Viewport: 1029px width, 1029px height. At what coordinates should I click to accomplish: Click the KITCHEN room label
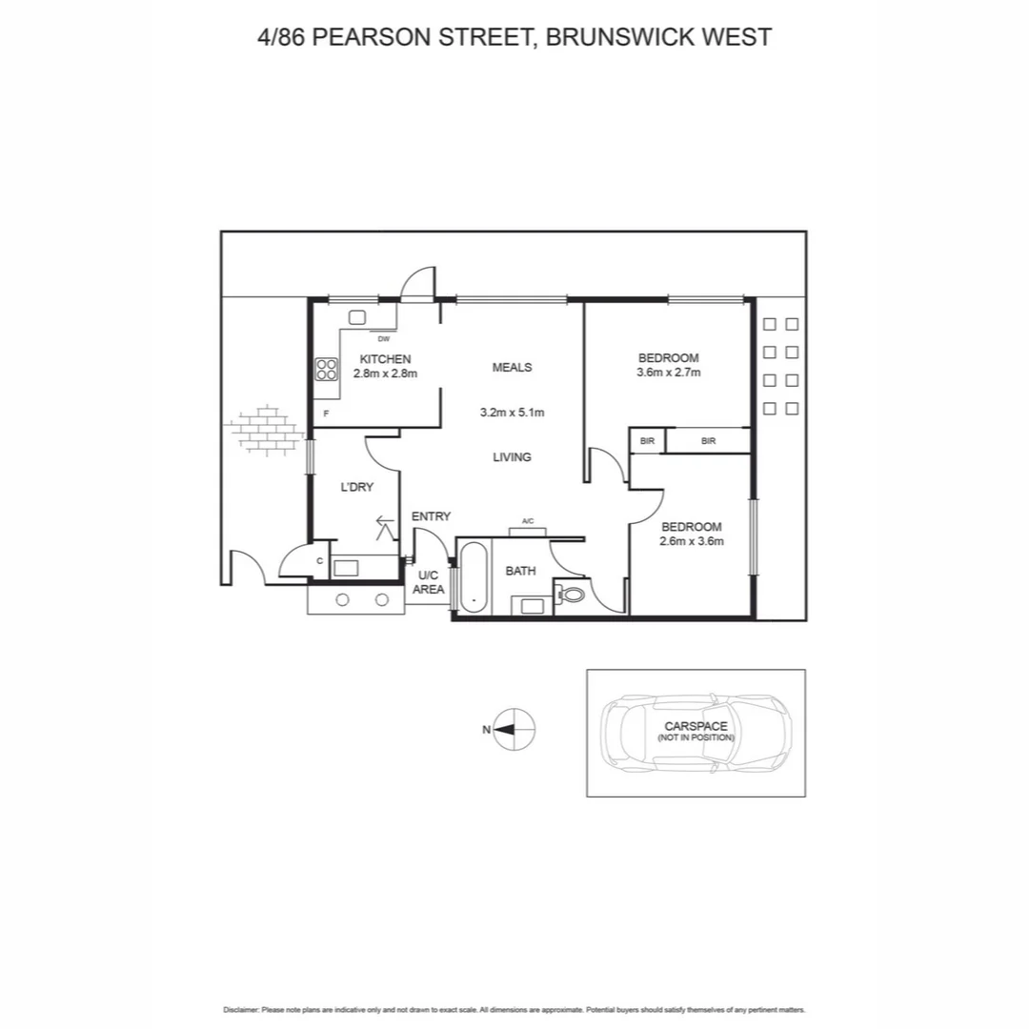pos(385,359)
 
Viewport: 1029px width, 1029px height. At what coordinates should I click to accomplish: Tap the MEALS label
pos(512,368)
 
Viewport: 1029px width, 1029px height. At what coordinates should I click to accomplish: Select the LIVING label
pos(512,457)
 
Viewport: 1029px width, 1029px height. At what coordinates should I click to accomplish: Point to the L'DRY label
pos(357,487)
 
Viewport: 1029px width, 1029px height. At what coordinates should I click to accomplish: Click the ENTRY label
pos(431,516)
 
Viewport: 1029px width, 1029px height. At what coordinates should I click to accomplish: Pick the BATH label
pos(520,571)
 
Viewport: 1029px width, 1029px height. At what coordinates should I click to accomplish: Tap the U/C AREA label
pos(428,583)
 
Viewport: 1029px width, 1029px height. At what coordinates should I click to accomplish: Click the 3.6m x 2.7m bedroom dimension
pos(669,373)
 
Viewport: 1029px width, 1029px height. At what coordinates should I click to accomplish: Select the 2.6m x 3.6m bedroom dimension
pos(692,541)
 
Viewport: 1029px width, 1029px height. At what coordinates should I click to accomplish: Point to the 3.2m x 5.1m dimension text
pos(512,413)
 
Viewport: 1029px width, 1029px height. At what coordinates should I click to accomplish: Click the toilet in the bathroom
pos(571,595)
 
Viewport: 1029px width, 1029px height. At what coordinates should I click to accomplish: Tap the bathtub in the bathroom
pos(474,575)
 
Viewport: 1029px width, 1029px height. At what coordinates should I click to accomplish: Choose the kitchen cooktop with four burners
pos(327,370)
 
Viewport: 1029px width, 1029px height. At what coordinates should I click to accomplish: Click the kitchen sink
pos(358,318)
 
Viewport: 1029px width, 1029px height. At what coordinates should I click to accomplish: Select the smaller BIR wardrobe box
pos(647,441)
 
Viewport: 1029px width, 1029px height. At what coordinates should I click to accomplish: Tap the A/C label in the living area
pos(528,521)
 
